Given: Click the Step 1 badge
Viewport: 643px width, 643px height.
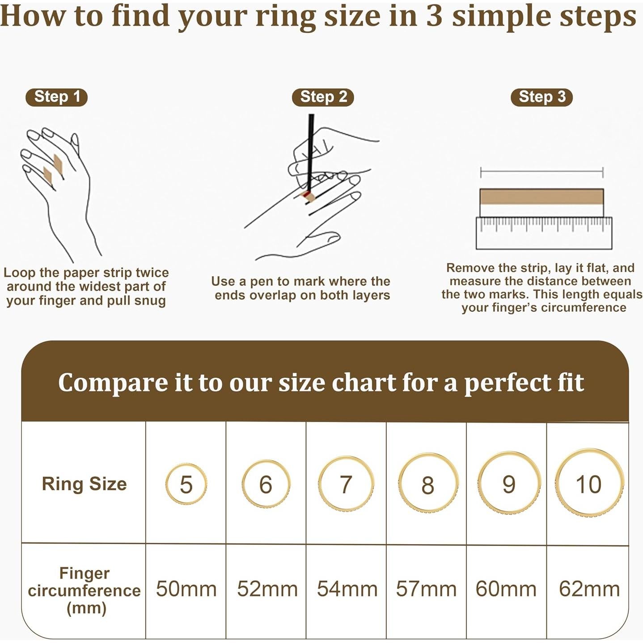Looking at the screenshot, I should pyautogui.click(x=56, y=97).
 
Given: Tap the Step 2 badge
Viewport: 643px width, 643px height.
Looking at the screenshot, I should pyautogui.click(x=323, y=97).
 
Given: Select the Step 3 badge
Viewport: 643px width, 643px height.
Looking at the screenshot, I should pyautogui.click(x=541, y=97).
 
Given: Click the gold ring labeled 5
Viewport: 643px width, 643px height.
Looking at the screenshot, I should pyautogui.click(x=186, y=484).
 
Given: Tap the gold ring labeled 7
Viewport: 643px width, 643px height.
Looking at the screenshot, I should pyautogui.click(x=346, y=484).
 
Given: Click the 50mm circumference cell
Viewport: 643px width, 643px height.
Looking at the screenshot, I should pyautogui.click(x=186, y=589).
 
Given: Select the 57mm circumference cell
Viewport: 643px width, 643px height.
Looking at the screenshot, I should pyautogui.click(x=426, y=589).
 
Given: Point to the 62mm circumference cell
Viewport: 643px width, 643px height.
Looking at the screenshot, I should pyautogui.click(x=589, y=589).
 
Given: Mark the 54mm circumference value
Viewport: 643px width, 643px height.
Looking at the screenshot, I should pyautogui.click(x=347, y=589).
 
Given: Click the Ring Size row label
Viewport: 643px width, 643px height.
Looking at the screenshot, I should pyautogui.click(x=84, y=484).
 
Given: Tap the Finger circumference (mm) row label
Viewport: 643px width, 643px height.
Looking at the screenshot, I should pyautogui.click(x=84, y=590).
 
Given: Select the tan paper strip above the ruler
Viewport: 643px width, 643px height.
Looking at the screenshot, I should pyautogui.click(x=541, y=197).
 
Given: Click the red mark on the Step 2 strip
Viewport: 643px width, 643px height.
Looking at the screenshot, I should pyautogui.click(x=306, y=194).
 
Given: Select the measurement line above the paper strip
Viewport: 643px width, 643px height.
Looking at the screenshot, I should pyautogui.click(x=541, y=172).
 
